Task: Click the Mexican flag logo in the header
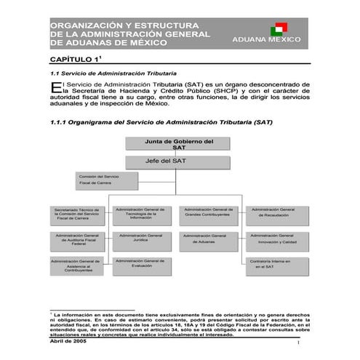[x=276, y=29]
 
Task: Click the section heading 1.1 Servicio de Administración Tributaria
[x=111, y=75]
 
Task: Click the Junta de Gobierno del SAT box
[x=179, y=145]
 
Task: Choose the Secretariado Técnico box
[x=77, y=215]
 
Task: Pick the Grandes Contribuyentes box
[x=207, y=212]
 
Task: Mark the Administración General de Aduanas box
[x=207, y=239]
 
